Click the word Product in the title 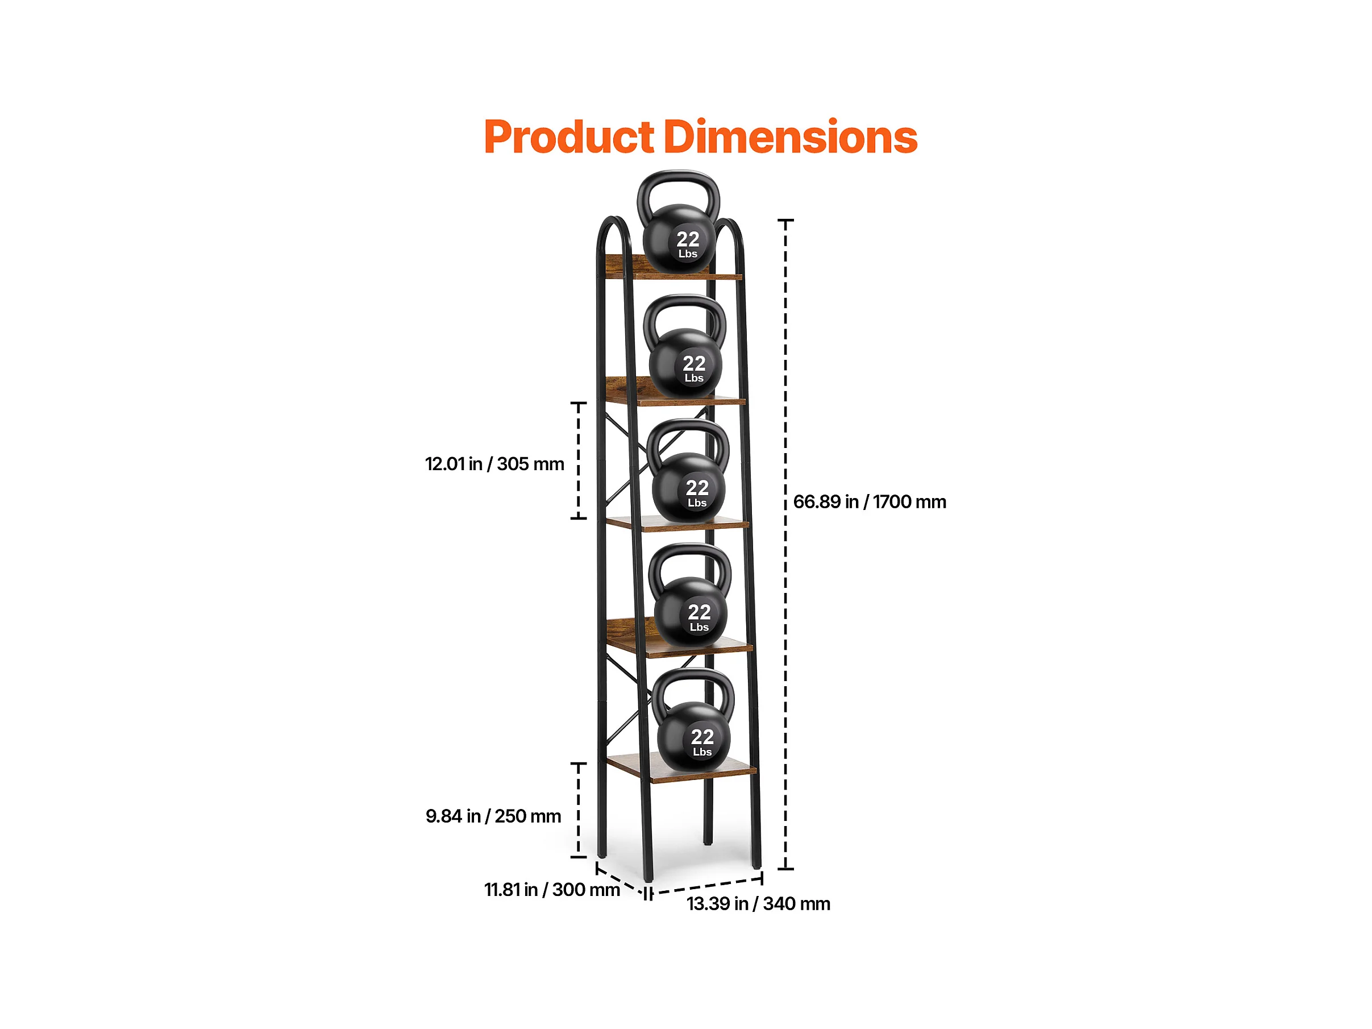(568, 137)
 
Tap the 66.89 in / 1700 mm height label (870, 502)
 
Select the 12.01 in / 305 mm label (494, 464)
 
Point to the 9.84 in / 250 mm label (493, 816)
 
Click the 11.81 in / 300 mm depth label (551, 890)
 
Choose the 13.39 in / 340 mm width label (758, 904)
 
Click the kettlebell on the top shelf (679, 239)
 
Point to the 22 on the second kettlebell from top (694, 363)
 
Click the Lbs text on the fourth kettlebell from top (699, 628)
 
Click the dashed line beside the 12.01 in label (578, 460)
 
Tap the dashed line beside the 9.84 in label (578, 810)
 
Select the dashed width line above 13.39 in (707, 886)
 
